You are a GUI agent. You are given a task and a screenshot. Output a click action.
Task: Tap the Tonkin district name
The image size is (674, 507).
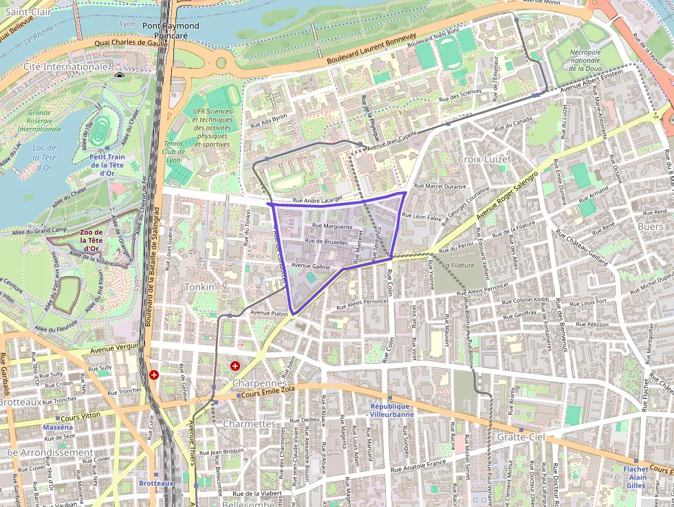click(x=199, y=286)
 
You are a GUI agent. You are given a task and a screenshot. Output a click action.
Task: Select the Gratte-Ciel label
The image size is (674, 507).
click(x=521, y=437)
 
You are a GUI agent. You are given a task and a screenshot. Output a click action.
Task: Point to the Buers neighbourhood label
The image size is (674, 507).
click(x=650, y=226)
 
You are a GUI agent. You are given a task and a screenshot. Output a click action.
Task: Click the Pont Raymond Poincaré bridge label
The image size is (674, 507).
click(x=171, y=31)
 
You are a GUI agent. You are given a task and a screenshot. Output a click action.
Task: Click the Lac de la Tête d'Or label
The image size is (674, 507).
click(x=44, y=158)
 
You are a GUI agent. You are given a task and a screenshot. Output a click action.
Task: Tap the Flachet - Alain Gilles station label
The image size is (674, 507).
click(x=635, y=477)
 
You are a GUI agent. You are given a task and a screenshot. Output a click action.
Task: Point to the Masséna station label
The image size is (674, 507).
click(x=58, y=427)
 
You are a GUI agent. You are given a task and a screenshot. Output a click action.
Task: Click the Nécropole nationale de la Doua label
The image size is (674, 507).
click(x=585, y=60)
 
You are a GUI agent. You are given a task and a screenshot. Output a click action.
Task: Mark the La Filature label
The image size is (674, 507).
click(x=459, y=265)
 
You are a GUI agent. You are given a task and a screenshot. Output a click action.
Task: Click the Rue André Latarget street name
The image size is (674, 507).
click(x=318, y=201)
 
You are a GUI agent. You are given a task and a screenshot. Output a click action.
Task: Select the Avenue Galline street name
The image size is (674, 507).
click(x=311, y=266)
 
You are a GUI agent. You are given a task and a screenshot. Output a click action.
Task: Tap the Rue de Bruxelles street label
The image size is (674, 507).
click(x=327, y=242)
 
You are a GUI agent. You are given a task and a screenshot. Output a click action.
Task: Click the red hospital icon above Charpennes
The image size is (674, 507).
click(x=235, y=365)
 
